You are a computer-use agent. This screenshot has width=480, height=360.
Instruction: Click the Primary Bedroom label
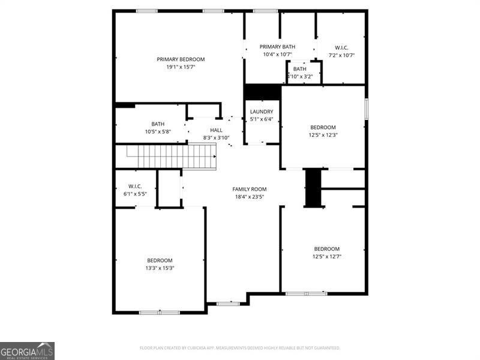[x=181, y=59]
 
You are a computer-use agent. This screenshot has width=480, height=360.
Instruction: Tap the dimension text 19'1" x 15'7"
[x=181, y=67]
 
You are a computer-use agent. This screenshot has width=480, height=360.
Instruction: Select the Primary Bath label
[x=277, y=47]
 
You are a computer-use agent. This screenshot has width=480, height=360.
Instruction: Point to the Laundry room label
[x=262, y=112]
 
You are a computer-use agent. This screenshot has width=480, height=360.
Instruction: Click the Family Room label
[x=250, y=189]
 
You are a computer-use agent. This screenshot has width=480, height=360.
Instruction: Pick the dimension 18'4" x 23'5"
[x=250, y=196]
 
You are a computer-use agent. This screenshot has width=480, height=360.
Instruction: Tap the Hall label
[x=216, y=130]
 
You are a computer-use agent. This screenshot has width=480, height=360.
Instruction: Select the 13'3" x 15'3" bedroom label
[x=160, y=260]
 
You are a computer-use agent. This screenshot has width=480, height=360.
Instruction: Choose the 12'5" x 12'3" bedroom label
[x=323, y=127]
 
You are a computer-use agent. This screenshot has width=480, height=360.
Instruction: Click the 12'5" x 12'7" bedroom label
[x=327, y=249]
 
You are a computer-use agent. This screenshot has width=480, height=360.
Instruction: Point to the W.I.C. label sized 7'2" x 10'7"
[x=341, y=48]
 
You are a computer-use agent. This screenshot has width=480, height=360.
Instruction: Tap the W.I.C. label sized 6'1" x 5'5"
[x=134, y=186]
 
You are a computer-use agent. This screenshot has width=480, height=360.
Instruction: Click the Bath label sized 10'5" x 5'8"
[x=158, y=124]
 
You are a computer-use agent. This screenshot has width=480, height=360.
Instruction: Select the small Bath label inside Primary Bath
[x=299, y=69]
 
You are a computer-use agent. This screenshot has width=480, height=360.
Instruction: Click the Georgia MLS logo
[x=27, y=350]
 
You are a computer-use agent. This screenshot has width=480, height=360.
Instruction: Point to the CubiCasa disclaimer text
[x=240, y=348]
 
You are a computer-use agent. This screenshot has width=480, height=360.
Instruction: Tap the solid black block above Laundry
[x=262, y=92]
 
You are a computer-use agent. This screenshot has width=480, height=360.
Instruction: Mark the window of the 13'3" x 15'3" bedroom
[x=159, y=312]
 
